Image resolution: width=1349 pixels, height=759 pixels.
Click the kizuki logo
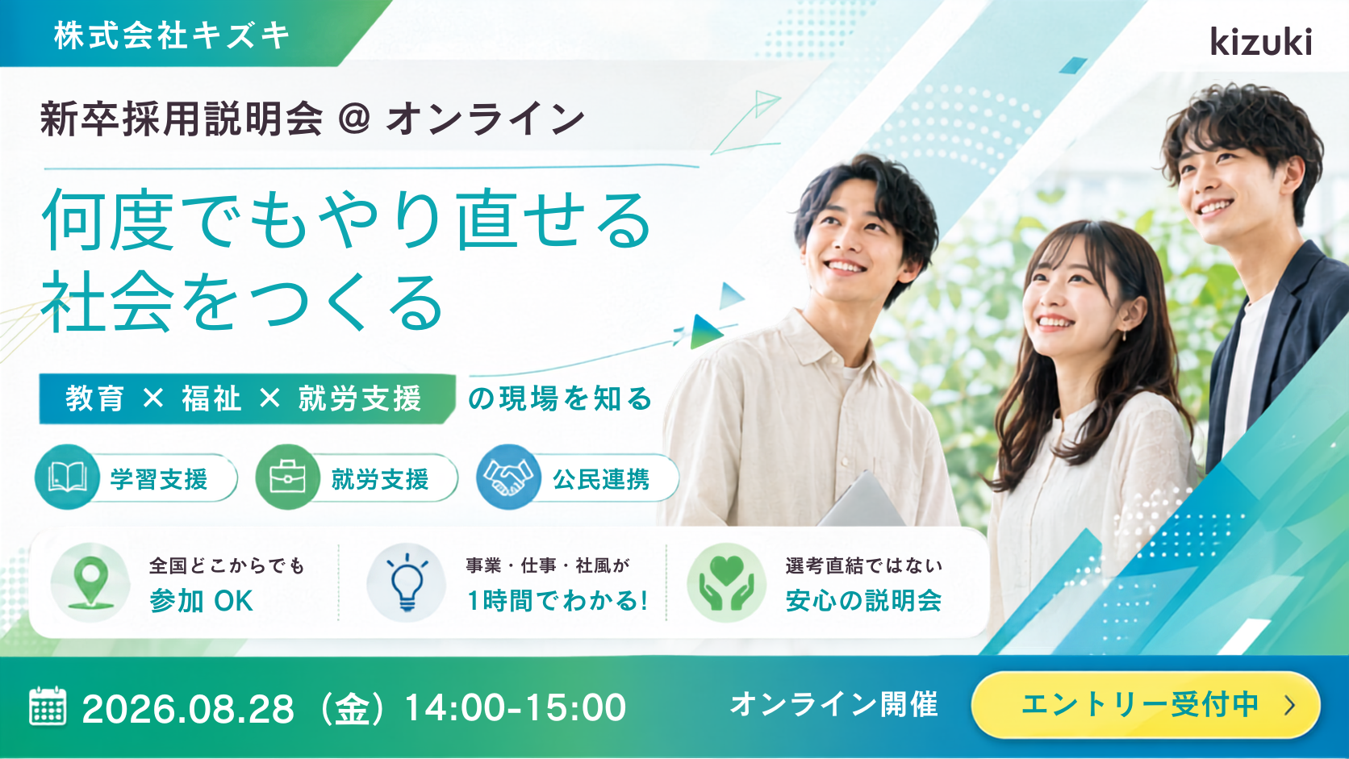point(1261,42)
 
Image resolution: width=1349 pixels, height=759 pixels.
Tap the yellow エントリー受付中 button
point(1146,705)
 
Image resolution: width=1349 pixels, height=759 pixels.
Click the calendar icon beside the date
point(48,706)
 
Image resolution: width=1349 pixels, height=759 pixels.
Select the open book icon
point(67,478)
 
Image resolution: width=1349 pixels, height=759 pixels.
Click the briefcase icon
point(288,478)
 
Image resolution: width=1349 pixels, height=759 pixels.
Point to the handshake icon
point(508,478)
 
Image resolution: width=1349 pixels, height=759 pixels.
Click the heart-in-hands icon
point(726,582)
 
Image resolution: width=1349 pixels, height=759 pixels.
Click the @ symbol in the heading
point(354,118)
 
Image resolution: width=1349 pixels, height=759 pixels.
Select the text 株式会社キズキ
point(172,35)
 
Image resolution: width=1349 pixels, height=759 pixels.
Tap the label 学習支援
point(159,480)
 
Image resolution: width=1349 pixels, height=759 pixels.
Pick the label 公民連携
point(601,480)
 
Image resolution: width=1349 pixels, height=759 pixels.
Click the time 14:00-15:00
point(515,707)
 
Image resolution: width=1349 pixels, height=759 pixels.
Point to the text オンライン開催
point(834,704)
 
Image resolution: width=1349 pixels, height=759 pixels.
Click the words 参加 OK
point(201,601)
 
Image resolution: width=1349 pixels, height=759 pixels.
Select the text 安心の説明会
point(863,601)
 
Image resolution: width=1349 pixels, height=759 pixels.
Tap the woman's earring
point(1124,334)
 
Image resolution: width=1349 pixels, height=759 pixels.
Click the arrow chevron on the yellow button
point(1289,706)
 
